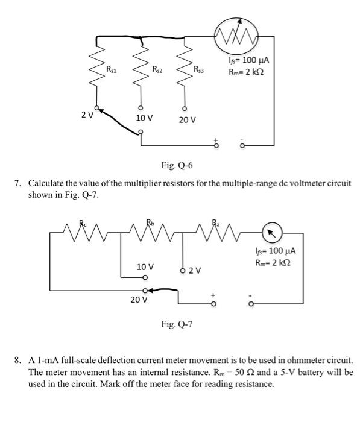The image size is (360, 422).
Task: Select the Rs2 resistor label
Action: coord(157,69)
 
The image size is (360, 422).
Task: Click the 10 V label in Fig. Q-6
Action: coord(144,116)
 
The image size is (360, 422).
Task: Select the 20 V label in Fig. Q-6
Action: coord(188,119)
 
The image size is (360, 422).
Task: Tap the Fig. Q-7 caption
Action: coord(177,324)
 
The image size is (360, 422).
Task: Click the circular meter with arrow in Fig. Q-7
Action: coord(271,232)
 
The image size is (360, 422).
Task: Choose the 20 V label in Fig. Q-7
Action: coord(139,300)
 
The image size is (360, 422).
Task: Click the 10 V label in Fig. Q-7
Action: coord(145,266)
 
